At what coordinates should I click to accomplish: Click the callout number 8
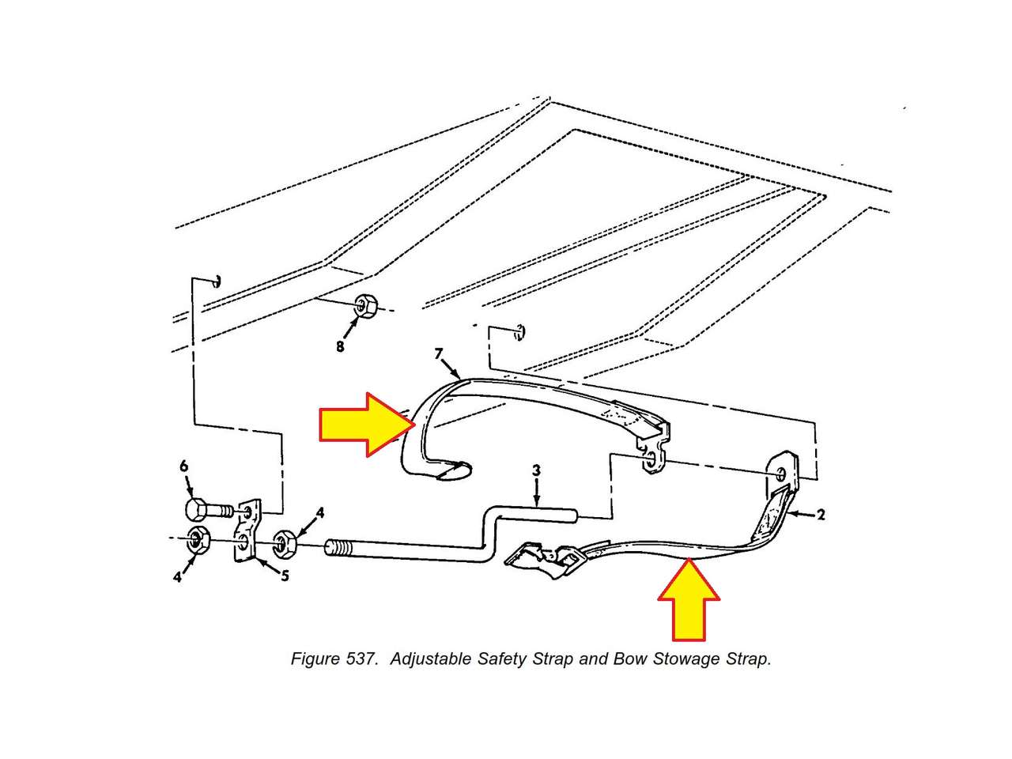point(340,346)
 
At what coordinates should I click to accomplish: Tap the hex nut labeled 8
point(365,305)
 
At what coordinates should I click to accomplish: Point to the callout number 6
point(184,466)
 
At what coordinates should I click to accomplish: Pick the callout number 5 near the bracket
point(285,575)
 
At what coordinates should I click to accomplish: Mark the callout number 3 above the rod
point(536,470)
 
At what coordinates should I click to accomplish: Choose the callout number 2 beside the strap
point(821,515)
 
